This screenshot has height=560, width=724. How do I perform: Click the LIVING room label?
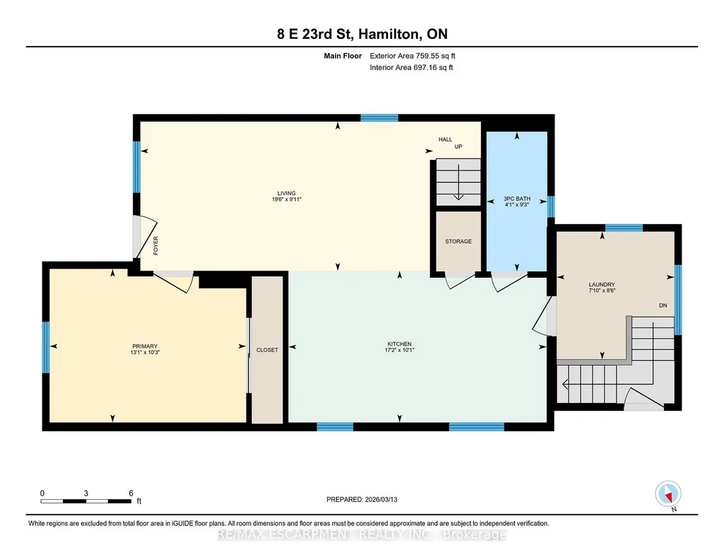pyautogui.click(x=286, y=193)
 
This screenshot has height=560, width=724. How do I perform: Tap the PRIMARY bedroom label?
pyautogui.click(x=145, y=346)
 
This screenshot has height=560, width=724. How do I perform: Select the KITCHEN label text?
pyautogui.click(x=399, y=344)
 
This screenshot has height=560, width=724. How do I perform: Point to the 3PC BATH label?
pyautogui.click(x=516, y=199)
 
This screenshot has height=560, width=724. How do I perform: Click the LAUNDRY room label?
pyautogui.click(x=602, y=285)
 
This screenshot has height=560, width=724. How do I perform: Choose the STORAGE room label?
pyautogui.click(x=458, y=241)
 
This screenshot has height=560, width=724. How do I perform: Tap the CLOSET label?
pyautogui.click(x=267, y=350)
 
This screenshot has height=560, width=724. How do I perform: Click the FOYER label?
pyautogui.click(x=155, y=245)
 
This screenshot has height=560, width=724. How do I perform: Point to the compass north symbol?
pyautogui.click(x=668, y=494)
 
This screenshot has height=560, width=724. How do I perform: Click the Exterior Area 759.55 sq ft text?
pyautogui.click(x=413, y=56)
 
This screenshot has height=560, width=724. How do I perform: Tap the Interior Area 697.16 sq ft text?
pyautogui.click(x=411, y=67)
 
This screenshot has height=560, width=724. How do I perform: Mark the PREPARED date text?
pyautogui.click(x=362, y=499)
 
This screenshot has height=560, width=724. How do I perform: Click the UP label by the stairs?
pyautogui.click(x=458, y=146)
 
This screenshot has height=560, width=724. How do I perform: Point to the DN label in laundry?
pyautogui.click(x=663, y=305)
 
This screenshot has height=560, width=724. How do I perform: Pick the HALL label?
pyautogui.click(x=445, y=139)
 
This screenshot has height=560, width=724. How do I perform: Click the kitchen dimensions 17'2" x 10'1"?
pyautogui.click(x=399, y=350)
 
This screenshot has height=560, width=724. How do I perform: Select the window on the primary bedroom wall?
pyautogui.click(x=46, y=347)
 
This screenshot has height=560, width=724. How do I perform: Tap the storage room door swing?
pyautogui.click(x=459, y=281)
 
